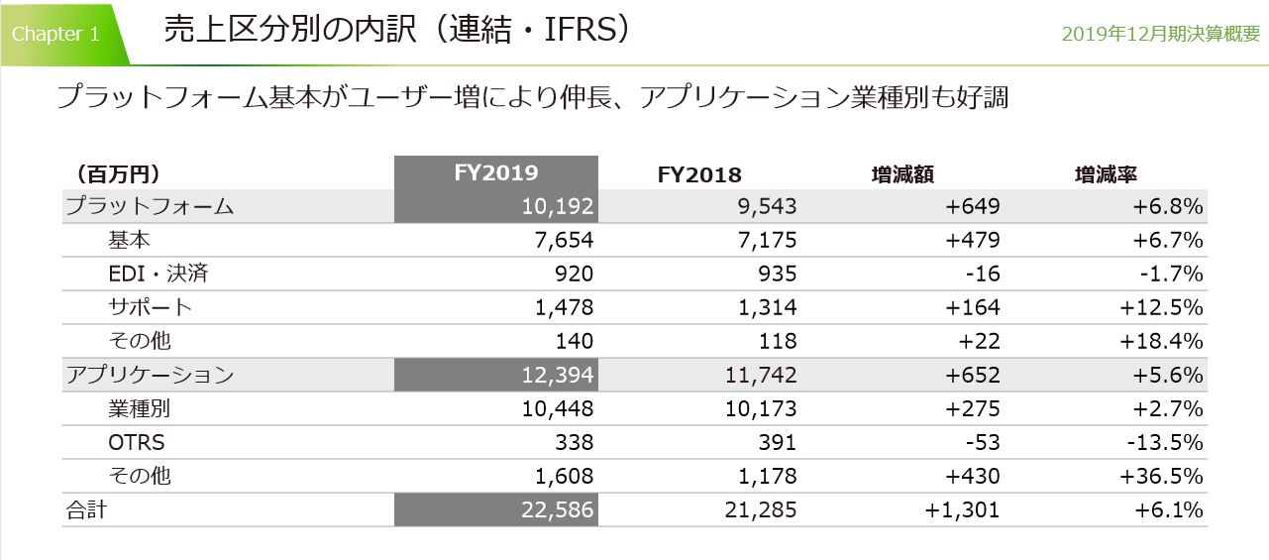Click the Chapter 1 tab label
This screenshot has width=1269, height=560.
(x=55, y=34)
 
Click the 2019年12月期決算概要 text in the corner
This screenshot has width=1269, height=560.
(x=1160, y=34)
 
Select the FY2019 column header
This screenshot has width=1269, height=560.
(x=495, y=172)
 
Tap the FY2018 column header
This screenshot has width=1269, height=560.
(x=699, y=174)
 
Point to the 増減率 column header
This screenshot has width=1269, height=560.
(x=1105, y=174)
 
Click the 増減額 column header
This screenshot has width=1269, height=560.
(x=901, y=174)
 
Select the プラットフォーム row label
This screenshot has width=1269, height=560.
(x=149, y=206)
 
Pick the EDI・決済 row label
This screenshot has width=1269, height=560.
(x=159, y=274)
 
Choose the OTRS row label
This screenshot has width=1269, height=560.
(x=137, y=442)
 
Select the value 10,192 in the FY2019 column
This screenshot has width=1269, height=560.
(x=557, y=206)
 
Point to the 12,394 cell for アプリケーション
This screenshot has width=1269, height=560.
(x=557, y=375)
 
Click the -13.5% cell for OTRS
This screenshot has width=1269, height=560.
(x=1162, y=442)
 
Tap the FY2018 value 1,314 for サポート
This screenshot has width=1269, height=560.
(x=765, y=307)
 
